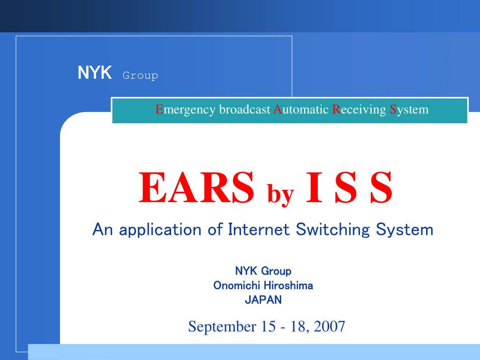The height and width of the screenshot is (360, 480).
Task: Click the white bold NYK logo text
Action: (95, 73)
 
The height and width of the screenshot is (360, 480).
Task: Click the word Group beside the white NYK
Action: (140, 75)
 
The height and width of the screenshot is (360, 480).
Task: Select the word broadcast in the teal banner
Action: (245, 109)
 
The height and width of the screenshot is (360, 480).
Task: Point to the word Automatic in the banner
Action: (301, 109)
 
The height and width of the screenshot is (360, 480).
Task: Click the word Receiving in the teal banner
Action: (359, 110)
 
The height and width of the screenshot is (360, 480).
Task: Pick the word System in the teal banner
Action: (409, 110)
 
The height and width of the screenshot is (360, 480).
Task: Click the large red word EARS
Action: (196, 187)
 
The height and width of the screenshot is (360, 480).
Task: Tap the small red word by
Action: (281, 194)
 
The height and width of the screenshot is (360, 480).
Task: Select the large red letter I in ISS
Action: (314, 187)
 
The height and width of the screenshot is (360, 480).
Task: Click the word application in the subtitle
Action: (160, 230)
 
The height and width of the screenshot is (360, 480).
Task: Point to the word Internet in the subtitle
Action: (259, 229)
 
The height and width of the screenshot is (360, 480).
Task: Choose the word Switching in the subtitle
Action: (333, 230)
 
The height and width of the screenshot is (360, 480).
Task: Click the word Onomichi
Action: (237, 285)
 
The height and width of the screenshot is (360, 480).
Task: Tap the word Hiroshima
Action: (288, 285)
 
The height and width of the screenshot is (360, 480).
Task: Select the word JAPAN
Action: (263, 300)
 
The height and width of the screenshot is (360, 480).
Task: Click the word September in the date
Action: (222, 327)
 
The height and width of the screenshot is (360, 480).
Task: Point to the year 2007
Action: (330, 326)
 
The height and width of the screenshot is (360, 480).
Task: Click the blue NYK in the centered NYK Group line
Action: (247, 271)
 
